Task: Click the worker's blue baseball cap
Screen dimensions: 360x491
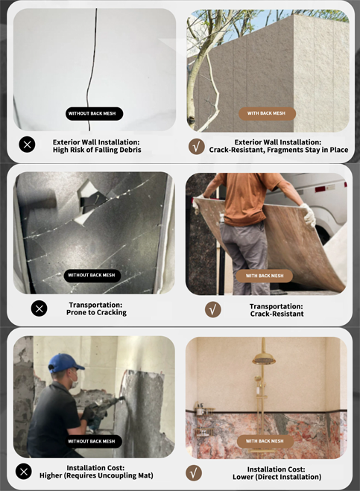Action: [65, 363]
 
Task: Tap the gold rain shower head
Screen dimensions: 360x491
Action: [264, 453]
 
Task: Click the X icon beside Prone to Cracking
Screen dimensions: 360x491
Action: [40, 308]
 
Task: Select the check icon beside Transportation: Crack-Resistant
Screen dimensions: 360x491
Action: [213, 309]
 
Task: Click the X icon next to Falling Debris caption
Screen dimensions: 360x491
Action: [28, 145]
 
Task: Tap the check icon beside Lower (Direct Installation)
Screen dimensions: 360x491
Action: [194, 473]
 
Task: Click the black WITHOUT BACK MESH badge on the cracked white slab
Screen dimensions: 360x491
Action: [94, 113]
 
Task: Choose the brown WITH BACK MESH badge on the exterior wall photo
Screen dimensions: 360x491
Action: [268, 114]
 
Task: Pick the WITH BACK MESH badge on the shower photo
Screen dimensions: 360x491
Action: [265, 441]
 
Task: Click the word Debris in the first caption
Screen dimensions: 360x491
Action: [128, 150]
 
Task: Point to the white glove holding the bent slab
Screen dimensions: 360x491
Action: [308, 215]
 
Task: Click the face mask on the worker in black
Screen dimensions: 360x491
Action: [75, 381]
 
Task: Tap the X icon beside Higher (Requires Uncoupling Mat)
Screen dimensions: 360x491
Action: [24, 472]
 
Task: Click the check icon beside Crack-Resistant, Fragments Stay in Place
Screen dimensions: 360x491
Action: [197, 146]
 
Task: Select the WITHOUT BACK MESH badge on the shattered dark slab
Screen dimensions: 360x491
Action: [92, 276]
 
